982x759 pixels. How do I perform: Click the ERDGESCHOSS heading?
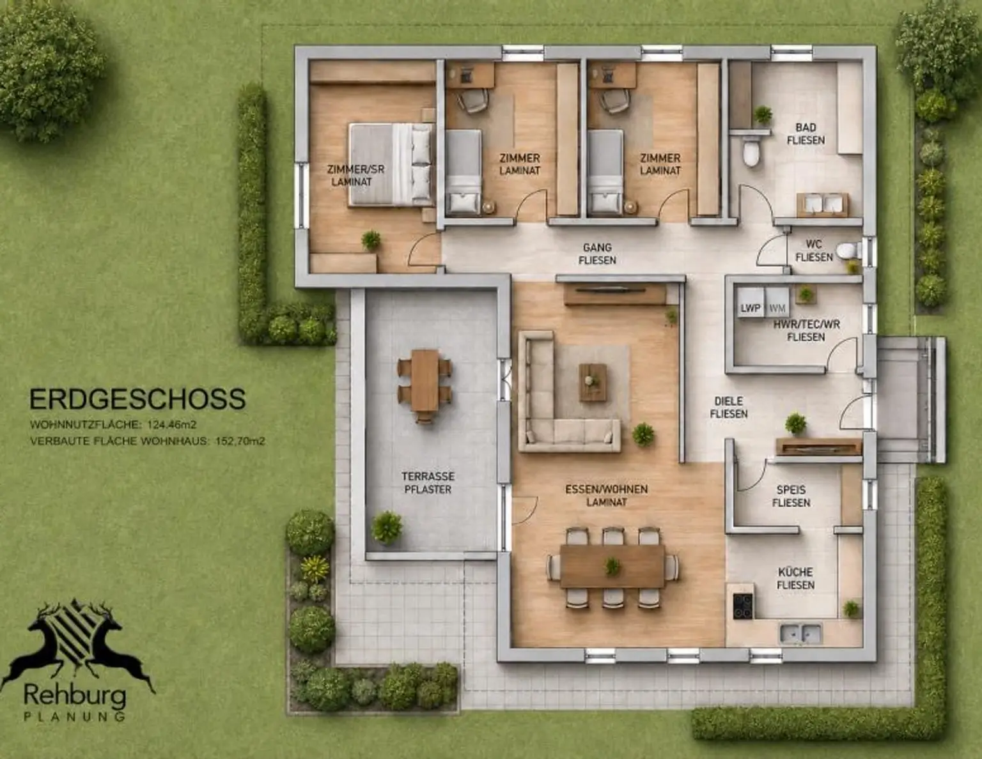[137, 399]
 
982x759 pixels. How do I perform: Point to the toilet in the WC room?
[849, 252]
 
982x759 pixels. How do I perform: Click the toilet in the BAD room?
[751, 152]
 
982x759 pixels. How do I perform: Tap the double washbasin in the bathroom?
[822, 204]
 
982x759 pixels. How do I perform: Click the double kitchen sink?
[800, 633]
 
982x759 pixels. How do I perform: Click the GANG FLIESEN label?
[597, 254]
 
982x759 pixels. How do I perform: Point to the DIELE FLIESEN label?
[728, 407]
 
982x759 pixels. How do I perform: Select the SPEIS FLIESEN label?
[791, 496]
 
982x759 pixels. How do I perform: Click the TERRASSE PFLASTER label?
[428, 482]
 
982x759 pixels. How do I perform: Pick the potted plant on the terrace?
[387, 527]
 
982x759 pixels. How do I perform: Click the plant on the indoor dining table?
[612, 567]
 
